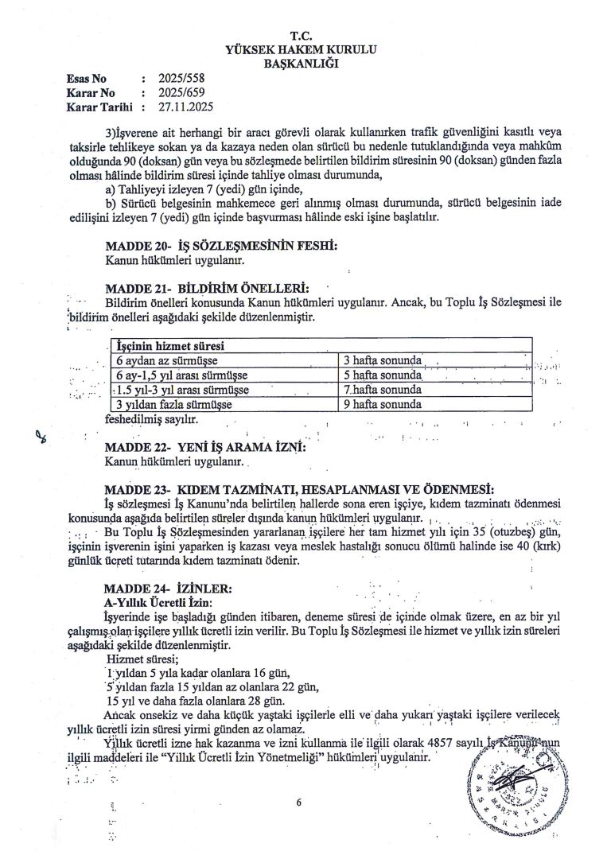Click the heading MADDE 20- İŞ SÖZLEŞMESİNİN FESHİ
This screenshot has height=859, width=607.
click(221, 247)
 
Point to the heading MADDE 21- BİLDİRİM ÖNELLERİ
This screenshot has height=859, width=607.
click(206, 288)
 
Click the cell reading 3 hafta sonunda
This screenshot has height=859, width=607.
click(382, 361)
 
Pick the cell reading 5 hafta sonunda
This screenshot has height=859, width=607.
click(382, 375)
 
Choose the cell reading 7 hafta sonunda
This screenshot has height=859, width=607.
click(382, 390)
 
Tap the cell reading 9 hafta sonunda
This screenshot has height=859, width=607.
click(382, 404)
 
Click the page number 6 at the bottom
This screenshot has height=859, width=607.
click(299, 803)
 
